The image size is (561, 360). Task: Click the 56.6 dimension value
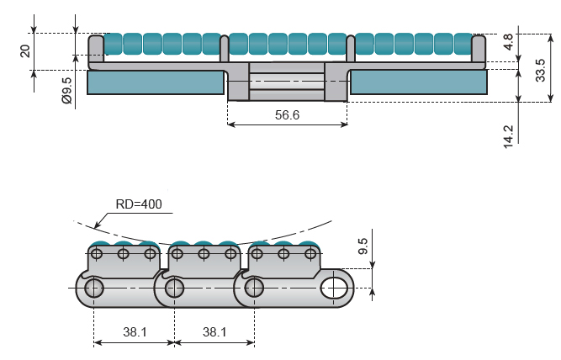pyautogui.click(x=287, y=115)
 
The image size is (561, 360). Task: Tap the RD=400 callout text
pyautogui.click(x=139, y=204)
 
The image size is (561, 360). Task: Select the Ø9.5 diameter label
pyautogui.click(x=67, y=91)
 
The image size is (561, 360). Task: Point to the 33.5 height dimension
pyautogui.click(x=540, y=70)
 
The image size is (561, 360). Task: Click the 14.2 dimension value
pyautogui.click(x=508, y=136)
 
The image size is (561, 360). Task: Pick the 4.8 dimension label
pyautogui.click(x=508, y=42)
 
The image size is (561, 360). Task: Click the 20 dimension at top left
pyautogui.click(x=25, y=51)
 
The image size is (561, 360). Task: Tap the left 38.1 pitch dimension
pyautogui.click(x=135, y=332)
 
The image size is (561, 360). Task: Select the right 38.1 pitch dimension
pyautogui.click(x=214, y=332)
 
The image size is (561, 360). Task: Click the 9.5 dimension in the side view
pyautogui.click(x=363, y=246)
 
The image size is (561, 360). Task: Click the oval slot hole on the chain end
pyautogui.click(x=334, y=288)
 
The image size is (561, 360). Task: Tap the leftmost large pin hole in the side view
pyautogui.click(x=93, y=288)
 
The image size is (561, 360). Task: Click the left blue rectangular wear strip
pyautogui.click(x=156, y=82)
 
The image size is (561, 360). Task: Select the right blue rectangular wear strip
pyautogui.click(x=419, y=82)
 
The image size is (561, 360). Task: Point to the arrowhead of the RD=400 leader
pyautogui.click(x=97, y=225)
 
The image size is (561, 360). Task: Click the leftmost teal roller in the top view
pyautogui.click(x=113, y=44)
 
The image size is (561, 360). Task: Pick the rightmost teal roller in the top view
pyautogui.click(x=463, y=44)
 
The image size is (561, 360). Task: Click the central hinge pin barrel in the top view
pyautogui.click(x=287, y=82)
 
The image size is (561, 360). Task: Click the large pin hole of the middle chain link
pyautogui.click(x=174, y=288)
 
